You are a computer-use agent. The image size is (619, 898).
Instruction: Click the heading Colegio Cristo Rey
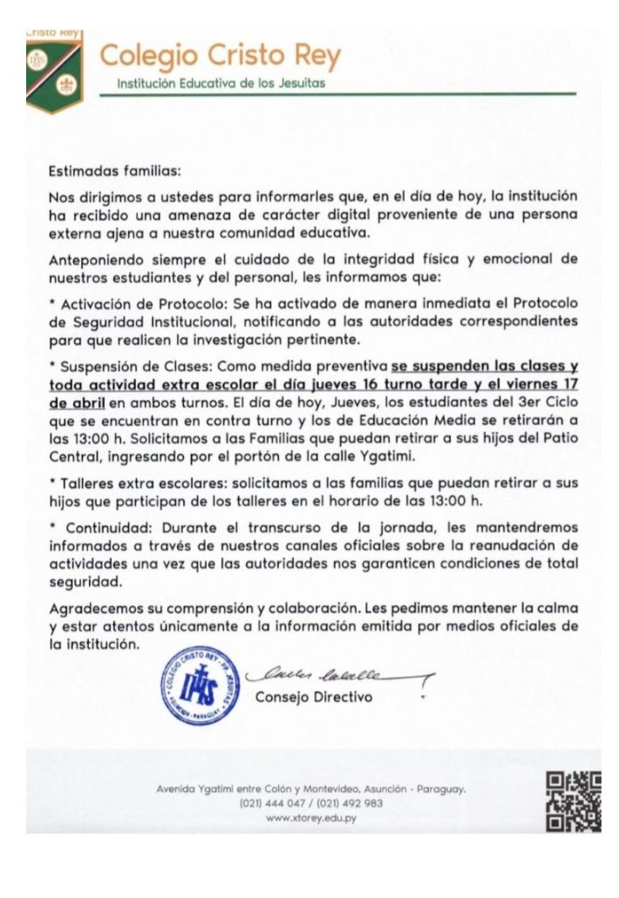[x=220, y=56]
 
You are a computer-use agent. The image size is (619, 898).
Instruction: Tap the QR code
[x=573, y=800]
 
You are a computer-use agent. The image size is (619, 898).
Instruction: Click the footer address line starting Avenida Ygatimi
[x=310, y=788]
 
